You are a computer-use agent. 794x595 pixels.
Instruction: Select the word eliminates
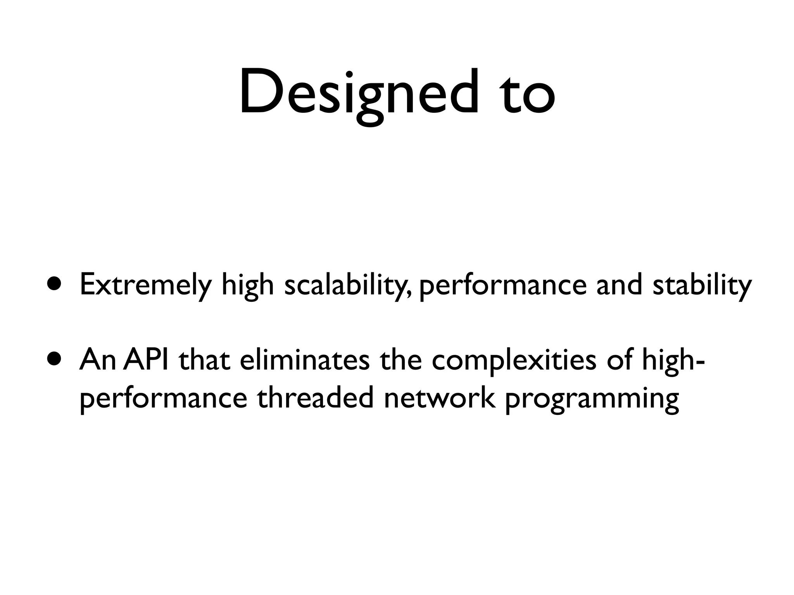[x=304, y=360]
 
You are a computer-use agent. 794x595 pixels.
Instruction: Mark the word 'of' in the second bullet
[x=620, y=360]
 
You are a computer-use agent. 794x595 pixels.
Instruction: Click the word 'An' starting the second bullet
[x=97, y=360]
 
